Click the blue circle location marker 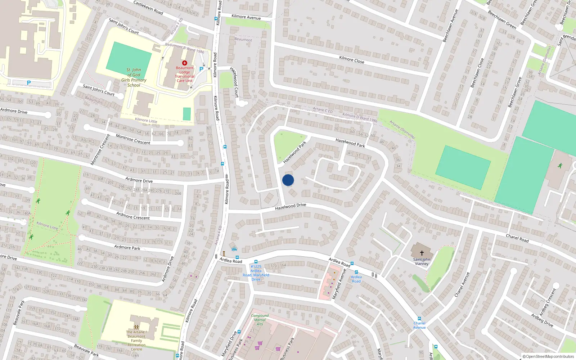(x=288, y=180)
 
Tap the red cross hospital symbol (x=185, y=63)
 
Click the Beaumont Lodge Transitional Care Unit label (x=185, y=74)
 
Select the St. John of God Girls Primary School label (x=134, y=77)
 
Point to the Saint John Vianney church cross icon (x=422, y=253)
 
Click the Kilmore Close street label (x=352, y=60)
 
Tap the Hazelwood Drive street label (x=291, y=207)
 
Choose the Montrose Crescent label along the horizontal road (x=133, y=139)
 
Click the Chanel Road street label (x=517, y=238)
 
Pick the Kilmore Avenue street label (x=246, y=17)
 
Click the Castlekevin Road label (x=148, y=7)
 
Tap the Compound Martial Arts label (x=260, y=320)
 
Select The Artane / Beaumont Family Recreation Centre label (x=136, y=341)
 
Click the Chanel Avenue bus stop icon (x=419, y=319)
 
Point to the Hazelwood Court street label (x=234, y=82)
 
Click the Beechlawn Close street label (x=477, y=73)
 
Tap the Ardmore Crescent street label (x=133, y=216)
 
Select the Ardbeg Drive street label (x=542, y=320)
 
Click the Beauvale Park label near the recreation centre (x=86, y=350)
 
